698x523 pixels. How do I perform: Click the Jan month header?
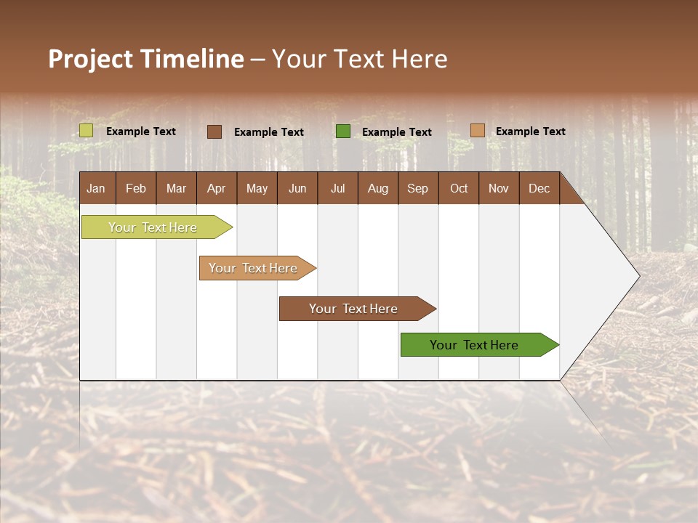pyautogui.click(x=97, y=188)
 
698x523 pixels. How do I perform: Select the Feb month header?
pyautogui.click(x=136, y=188)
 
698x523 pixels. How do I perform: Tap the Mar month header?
pyautogui.click(x=176, y=188)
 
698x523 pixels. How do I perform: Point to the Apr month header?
pyautogui.click(x=216, y=188)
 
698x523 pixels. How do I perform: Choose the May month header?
pyautogui.click(x=257, y=188)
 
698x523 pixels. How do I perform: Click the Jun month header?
pyautogui.click(x=297, y=188)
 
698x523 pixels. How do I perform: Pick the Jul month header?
pyautogui.click(x=337, y=188)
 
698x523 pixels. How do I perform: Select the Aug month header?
pyautogui.click(x=377, y=188)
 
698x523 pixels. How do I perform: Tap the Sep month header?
pyautogui.click(x=417, y=188)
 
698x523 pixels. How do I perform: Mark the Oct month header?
pyautogui.click(x=458, y=188)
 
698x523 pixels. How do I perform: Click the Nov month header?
pyautogui.click(x=498, y=188)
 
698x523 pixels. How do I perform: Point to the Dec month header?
pyautogui.click(x=539, y=188)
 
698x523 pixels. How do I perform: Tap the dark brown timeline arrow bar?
pyautogui.click(x=354, y=309)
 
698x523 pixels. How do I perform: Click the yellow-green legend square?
pyautogui.click(x=87, y=131)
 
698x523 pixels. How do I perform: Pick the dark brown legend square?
pyautogui.click(x=214, y=131)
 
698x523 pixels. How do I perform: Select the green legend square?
pyautogui.click(x=343, y=131)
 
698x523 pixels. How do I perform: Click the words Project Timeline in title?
pyautogui.click(x=146, y=59)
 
